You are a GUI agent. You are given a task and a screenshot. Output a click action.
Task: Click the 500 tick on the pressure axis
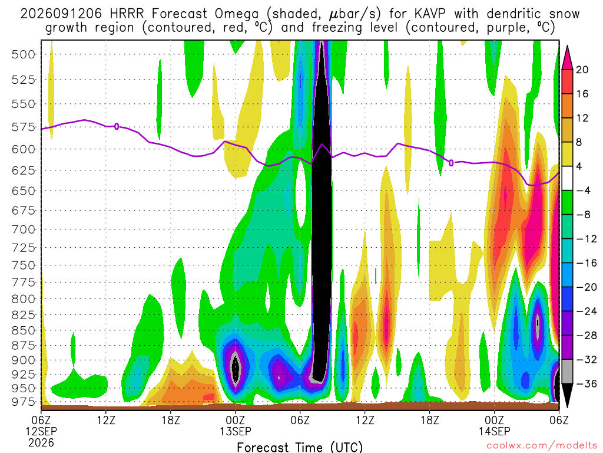click(x=24, y=54)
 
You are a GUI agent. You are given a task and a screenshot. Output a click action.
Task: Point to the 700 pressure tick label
click(x=24, y=229)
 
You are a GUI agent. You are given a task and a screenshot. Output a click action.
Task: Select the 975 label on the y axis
click(x=24, y=401)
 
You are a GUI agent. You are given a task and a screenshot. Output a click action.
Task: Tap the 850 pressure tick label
click(x=24, y=330)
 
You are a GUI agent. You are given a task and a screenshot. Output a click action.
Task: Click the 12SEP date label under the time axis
click(x=41, y=431)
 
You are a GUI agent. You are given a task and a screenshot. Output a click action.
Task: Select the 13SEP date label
click(x=236, y=431)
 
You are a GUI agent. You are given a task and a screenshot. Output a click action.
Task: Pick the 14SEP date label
click(x=494, y=431)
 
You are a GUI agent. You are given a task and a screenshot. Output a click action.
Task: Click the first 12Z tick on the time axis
click(x=106, y=420)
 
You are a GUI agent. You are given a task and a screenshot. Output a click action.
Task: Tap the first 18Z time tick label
click(x=171, y=420)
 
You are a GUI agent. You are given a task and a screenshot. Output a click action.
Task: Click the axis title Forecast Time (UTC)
click(x=300, y=447)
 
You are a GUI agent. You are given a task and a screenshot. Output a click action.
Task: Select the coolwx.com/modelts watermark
click(x=542, y=446)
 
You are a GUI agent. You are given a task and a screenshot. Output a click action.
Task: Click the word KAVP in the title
click(x=430, y=14)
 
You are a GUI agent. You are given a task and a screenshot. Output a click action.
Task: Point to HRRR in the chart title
click(x=127, y=14)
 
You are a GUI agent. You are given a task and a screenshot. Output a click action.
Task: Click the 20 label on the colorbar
click(x=582, y=70)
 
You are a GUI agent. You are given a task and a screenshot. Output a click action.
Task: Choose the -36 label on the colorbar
click(x=586, y=383)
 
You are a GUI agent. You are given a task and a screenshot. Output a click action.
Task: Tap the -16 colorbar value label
click(x=586, y=263)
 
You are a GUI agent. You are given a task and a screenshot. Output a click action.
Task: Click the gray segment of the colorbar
click(x=567, y=372)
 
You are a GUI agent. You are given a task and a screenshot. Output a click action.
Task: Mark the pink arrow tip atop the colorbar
click(x=567, y=46)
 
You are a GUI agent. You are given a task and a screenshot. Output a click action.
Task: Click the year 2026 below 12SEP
click(x=41, y=442)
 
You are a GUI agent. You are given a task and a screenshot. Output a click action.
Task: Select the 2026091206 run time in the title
click(x=61, y=14)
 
